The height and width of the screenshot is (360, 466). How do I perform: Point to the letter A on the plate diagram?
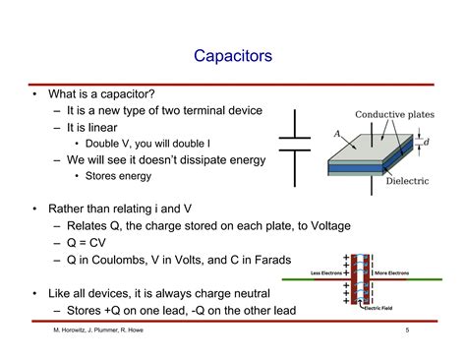point(337,135)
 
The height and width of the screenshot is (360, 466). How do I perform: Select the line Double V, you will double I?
point(143,143)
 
